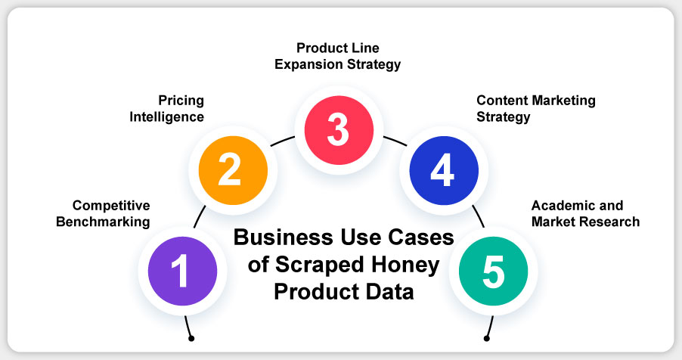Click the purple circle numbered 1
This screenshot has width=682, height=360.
[183, 271]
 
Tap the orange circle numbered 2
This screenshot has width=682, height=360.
[233, 170]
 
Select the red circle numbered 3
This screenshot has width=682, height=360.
[339, 130]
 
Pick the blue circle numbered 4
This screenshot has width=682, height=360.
[444, 170]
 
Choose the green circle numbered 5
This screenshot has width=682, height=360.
[493, 271]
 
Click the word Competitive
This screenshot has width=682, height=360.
[111, 206]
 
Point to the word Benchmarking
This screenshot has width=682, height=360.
[103, 222]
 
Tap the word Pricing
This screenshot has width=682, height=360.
[181, 101]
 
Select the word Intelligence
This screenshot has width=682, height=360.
[166, 117]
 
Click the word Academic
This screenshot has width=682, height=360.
[558, 206]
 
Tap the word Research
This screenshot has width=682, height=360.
[613, 222]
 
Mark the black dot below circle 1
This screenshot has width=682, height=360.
[191, 338]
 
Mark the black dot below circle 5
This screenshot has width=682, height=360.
[487, 338]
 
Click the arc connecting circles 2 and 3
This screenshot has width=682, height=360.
[282, 141]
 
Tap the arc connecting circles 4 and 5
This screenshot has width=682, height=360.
[479, 216]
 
